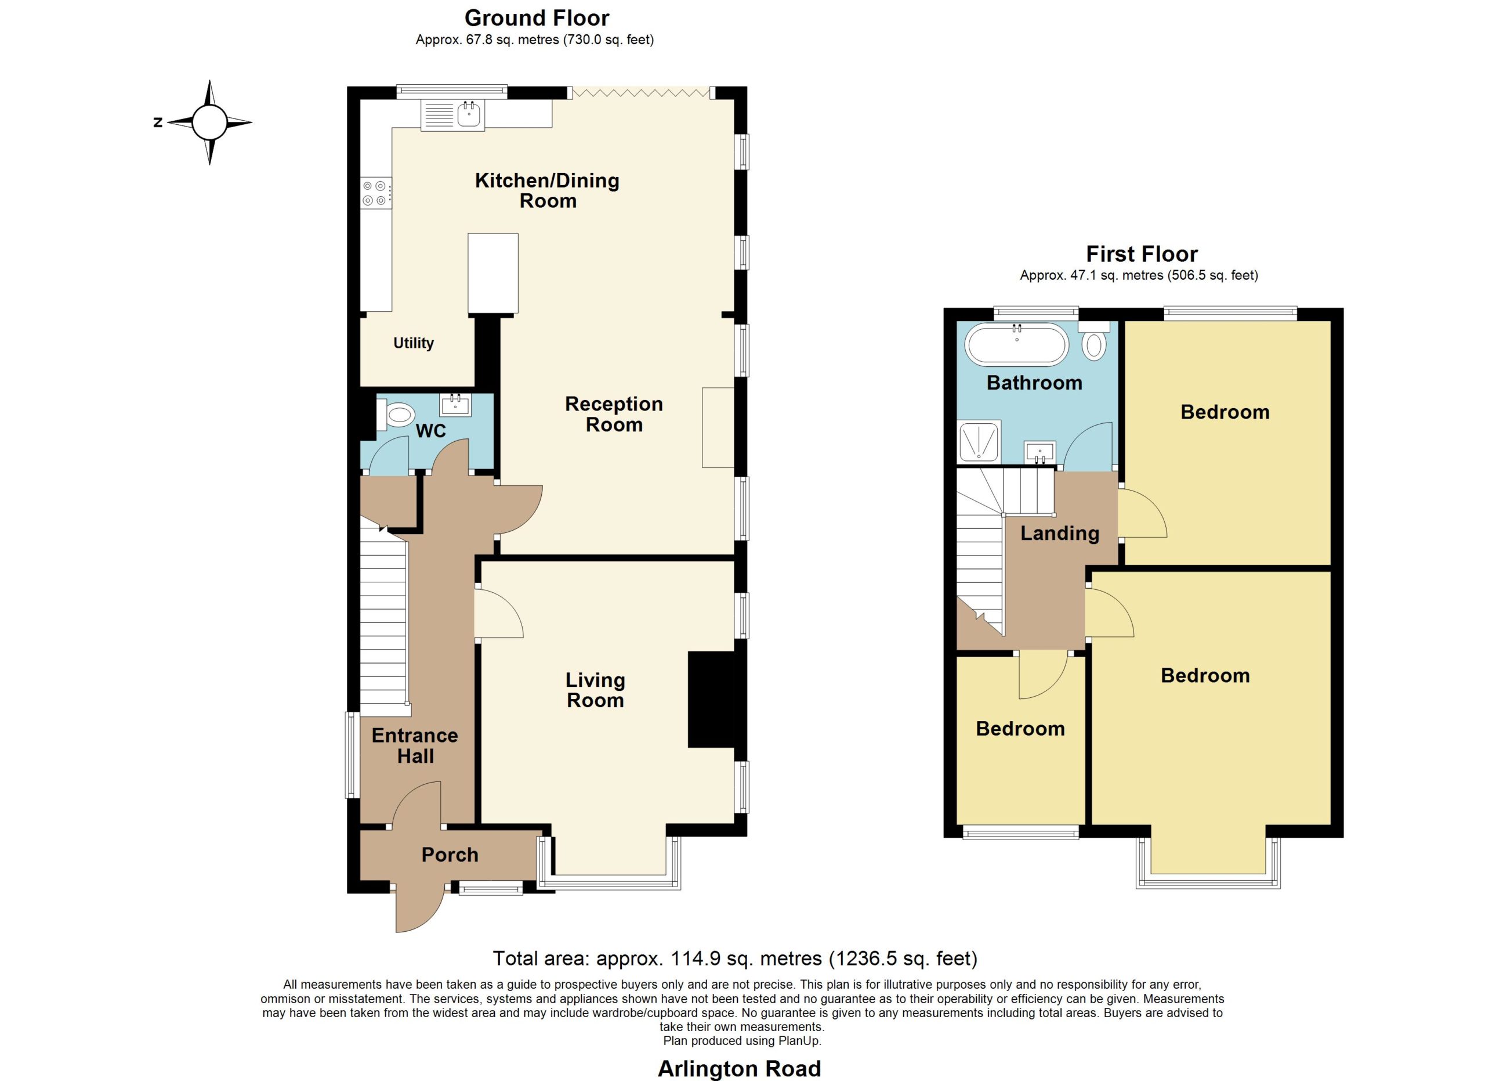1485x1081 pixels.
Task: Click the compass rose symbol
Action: point(209,122)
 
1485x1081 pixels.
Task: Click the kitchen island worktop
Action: point(493,273)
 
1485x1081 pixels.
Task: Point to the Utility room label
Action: point(413,343)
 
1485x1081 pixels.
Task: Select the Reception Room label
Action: point(614,414)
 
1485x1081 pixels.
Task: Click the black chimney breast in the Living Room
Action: point(715,699)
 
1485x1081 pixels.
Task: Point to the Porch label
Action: point(450,855)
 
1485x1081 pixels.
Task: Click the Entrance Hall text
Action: point(415,745)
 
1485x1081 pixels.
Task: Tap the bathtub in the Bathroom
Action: point(1017,344)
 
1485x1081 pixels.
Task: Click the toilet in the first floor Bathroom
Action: point(1094,341)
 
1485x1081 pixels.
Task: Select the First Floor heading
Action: point(1142,254)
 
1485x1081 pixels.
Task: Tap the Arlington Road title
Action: point(739,1069)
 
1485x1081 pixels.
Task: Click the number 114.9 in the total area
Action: point(696,959)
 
